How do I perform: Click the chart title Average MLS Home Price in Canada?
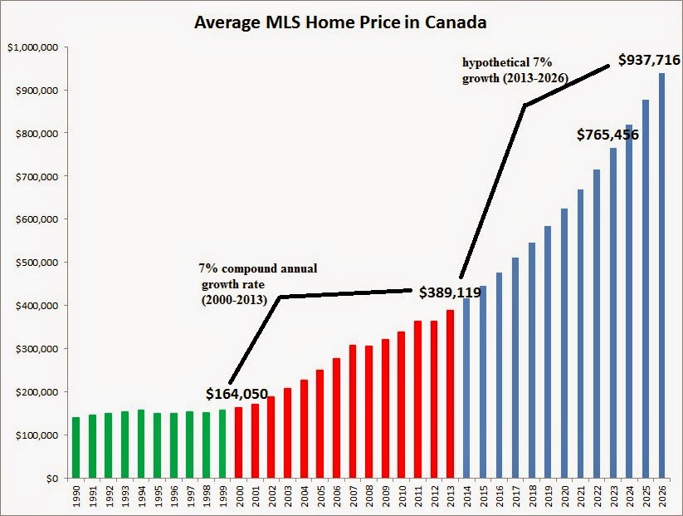point(340,22)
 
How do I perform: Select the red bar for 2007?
point(352,411)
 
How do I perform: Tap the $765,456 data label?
point(608,135)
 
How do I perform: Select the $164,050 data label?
point(237,392)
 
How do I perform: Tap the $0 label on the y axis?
point(51,479)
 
